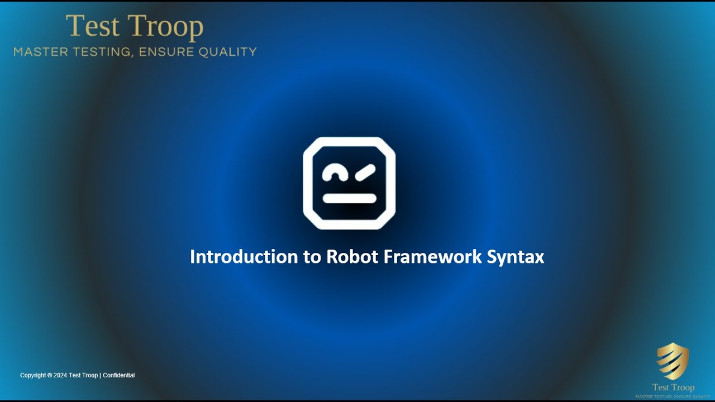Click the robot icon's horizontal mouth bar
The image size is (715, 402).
click(x=350, y=198)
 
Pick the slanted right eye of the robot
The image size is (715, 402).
click(x=365, y=174)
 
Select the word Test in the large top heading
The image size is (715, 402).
click(x=93, y=27)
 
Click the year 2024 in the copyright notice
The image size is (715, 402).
click(x=60, y=375)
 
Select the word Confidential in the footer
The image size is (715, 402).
click(x=119, y=375)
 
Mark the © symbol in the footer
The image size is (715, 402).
click(x=50, y=375)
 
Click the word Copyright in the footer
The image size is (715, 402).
click(x=33, y=375)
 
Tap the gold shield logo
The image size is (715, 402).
click(x=673, y=361)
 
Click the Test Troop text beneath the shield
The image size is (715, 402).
click(x=673, y=387)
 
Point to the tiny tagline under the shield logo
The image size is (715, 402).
click(x=673, y=396)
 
